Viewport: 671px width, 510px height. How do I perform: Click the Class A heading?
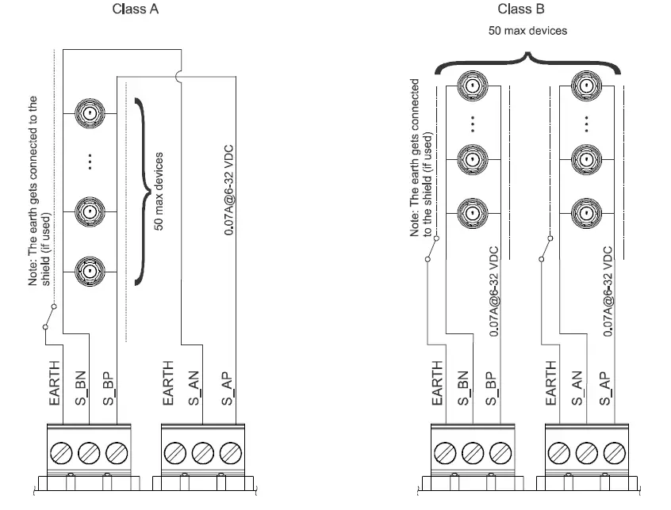pyautogui.click(x=135, y=9)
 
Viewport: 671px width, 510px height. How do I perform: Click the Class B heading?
pyautogui.click(x=521, y=9)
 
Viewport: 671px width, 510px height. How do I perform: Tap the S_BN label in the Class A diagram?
pyautogui.click(x=81, y=388)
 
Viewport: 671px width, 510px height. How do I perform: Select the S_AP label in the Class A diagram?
pyautogui.click(x=227, y=389)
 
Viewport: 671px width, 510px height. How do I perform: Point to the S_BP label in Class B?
pyautogui.click(x=491, y=389)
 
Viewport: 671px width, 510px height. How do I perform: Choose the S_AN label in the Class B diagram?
pyautogui.click(x=577, y=388)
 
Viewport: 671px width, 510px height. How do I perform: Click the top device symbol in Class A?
pyautogui.click(x=90, y=113)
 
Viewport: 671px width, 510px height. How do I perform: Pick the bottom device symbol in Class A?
pyautogui.click(x=90, y=271)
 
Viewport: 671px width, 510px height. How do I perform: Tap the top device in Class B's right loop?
pyautogui.click(x=587, y=86)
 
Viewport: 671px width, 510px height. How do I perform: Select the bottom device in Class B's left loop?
pyautogui.click(x=473, y=213)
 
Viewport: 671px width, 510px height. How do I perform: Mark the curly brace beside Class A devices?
pyautogui.click(x=143, y=192)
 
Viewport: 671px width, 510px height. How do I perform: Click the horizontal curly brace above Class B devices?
pyautogui.click(x=527, y=63)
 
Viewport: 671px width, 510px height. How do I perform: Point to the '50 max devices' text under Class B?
pyautogui.click(x=527, y=31)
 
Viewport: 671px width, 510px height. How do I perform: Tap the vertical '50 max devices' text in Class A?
pyautogui.click(x=159, y=192)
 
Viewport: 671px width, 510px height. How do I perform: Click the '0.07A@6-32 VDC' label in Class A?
pyautogui.click(x=229, y=190)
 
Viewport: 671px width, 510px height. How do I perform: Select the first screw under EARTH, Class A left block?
pyautogui.click(x=61, y=453)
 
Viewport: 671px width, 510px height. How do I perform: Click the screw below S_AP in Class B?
pyautogui.click(x=615, y=453)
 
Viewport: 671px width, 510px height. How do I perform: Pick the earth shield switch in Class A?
pyautogui.click(x=50, y=317)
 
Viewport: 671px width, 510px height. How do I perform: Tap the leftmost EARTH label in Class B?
pyautogui.click(x=437, y=383)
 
